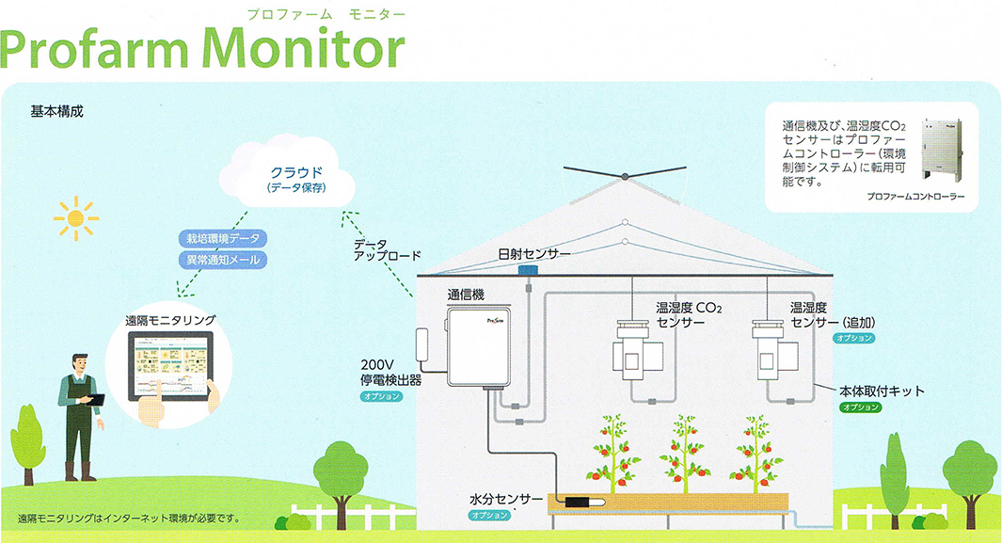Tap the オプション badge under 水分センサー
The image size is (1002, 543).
click(x=490, y=516)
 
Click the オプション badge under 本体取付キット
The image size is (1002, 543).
click(x=861, y=407)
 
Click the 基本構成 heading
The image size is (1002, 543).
click(x=57, y=111)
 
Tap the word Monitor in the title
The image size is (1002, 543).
click(x=302, y=46)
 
